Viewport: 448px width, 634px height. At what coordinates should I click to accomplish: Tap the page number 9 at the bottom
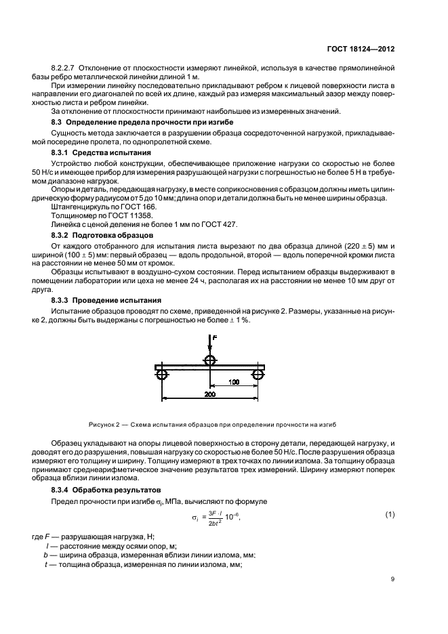(394, 578)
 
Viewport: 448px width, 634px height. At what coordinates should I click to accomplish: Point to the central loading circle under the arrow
(210, 360)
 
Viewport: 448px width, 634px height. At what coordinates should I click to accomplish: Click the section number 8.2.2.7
(66, 69)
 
